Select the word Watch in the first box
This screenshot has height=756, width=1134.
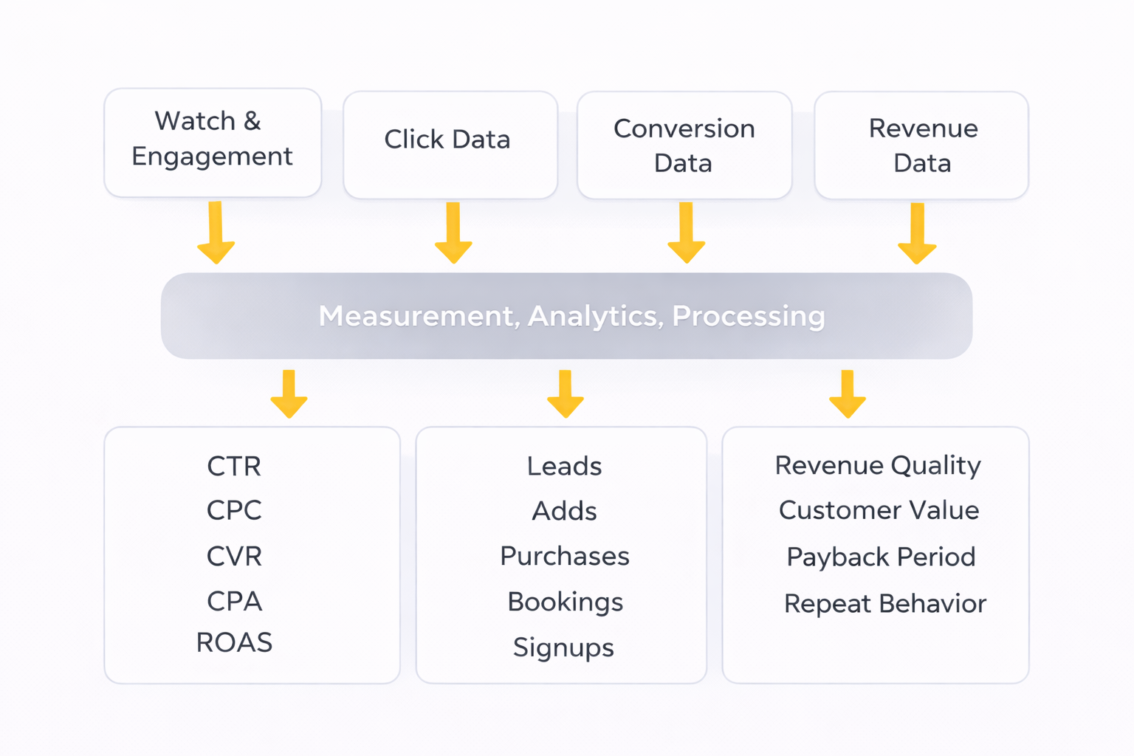click(195, 121)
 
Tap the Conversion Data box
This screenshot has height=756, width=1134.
click(684, 145)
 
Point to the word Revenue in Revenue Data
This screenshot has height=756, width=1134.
click(923, 128)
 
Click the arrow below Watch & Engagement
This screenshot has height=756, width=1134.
click(216, 233)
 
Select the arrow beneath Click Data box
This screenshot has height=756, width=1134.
click(453, 233)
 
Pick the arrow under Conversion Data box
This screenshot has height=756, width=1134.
click(686, 233)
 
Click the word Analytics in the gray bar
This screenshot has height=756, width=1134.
click(594, 316)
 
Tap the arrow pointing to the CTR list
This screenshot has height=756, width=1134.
click(289, 394)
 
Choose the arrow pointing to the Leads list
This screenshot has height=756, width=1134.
click(566, 394)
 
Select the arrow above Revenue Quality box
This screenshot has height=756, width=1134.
click(848, 394)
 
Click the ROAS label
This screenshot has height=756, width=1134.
click(234, 643)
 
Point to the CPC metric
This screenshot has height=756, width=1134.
click(234, 510)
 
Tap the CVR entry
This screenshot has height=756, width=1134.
click(234, 556)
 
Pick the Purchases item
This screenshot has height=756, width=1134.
click(565, 556)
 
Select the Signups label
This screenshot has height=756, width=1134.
click(563, 647)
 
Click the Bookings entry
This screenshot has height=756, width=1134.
click(565, 602)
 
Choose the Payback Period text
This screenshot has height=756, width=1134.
click(881, 557)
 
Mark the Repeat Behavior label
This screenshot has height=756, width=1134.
click(884, 604)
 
